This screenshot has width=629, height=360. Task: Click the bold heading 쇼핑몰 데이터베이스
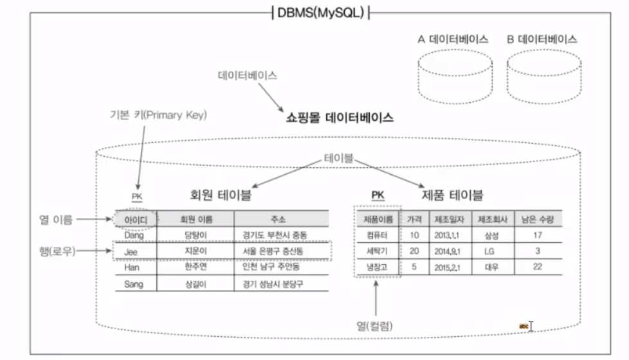tap(340, 118)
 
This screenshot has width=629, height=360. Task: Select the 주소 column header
tap(282, 219)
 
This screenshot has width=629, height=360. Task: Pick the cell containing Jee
tap(131, 251)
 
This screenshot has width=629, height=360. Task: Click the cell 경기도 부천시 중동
tap(282, 235)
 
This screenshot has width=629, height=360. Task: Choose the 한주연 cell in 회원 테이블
tap(194, 267)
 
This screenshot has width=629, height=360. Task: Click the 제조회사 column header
tap(492, 219)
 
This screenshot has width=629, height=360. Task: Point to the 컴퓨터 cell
tap(377, 235)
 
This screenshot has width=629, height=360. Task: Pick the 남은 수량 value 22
tap(537, 267)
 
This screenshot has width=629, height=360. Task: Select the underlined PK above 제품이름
tap(378, 195)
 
